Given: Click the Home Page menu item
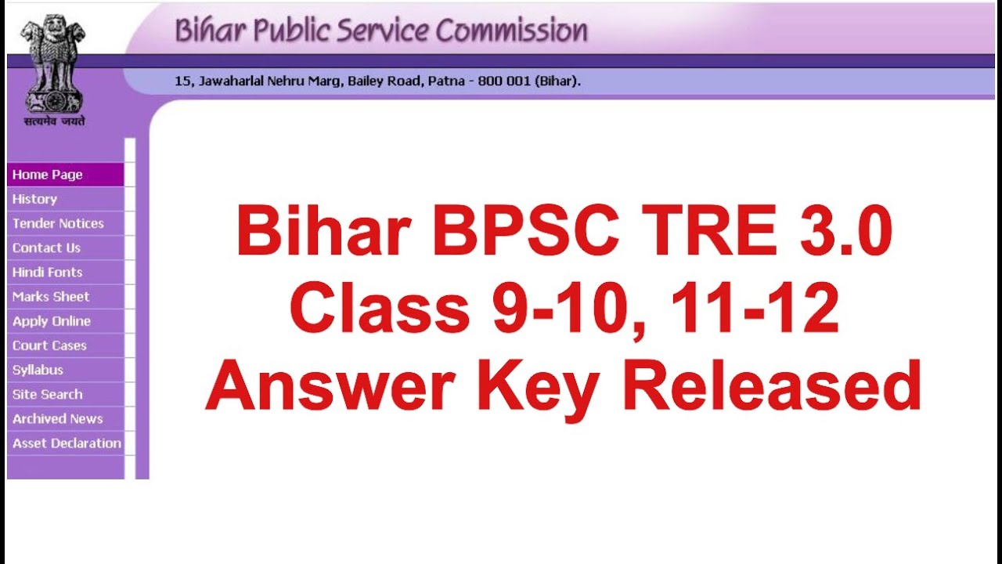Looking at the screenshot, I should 48,175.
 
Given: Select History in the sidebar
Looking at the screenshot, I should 34,199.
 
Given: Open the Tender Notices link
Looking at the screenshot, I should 58,223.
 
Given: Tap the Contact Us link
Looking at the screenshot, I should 46,248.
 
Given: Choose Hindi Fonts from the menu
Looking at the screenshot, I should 47,272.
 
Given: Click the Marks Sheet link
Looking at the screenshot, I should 51,296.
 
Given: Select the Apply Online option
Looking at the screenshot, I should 52,321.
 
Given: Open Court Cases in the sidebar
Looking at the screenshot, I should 49,345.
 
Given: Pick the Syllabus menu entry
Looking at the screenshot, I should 38,370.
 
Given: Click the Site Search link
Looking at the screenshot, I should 47,394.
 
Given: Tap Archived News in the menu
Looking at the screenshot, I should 57,418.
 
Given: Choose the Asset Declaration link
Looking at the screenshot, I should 67,443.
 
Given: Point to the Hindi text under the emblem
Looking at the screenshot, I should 54,121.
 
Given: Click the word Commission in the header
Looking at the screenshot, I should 511,31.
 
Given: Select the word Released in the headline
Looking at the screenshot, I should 772,387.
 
